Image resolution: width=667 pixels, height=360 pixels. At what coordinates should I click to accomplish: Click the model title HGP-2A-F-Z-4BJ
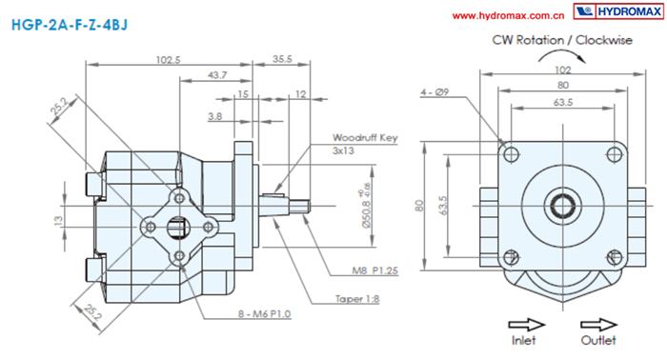(70, 25)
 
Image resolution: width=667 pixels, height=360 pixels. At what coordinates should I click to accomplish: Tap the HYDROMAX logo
(618, 11)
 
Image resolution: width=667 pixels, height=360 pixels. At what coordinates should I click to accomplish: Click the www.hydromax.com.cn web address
(508, 16)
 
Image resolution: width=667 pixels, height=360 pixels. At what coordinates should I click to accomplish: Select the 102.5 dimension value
(168, 60)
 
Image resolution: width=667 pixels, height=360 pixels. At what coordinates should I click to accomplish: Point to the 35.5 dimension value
(282, 59)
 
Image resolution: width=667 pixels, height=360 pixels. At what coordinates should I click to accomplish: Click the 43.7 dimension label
(217, 75)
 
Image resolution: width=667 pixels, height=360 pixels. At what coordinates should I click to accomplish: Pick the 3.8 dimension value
(214, 116)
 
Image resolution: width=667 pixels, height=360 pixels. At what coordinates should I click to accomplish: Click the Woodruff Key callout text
(365, 144)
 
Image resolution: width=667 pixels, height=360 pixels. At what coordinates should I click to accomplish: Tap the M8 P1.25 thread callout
(374, 270)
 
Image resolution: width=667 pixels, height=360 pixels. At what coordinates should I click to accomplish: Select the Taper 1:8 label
(357, 299)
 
